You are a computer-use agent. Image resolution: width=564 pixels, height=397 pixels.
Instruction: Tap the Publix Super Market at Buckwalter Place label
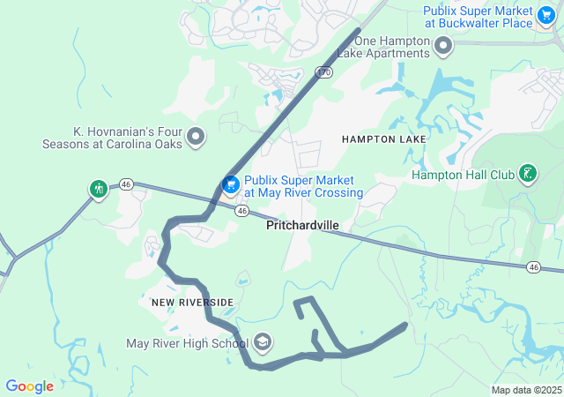pos(479,17)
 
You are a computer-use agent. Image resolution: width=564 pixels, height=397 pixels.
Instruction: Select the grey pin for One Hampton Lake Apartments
pos(443,44)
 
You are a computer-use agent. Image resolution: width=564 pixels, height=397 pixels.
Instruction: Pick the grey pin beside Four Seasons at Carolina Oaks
pos(196,138)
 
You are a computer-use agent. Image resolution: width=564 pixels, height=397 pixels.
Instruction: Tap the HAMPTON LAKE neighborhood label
pos(384,139)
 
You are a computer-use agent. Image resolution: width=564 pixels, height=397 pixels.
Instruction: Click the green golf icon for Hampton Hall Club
pos(527,174)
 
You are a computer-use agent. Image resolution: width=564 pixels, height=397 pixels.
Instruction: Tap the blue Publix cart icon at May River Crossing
pos(230,185)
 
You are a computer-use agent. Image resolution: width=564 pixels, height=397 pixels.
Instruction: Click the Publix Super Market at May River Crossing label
pos(303,186)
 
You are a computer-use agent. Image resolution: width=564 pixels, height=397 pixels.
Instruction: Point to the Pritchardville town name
pos(302,226)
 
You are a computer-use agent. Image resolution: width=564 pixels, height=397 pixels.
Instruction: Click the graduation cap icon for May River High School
pos(263,342)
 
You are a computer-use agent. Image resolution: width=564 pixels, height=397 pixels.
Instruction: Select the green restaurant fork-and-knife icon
pos(99,188)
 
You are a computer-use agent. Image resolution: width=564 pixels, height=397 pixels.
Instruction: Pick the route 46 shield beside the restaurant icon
pos(127,184)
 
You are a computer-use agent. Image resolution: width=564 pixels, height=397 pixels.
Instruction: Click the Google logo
pos(29,386)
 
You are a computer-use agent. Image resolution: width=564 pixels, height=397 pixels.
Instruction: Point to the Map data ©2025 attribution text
pos(526,390)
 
